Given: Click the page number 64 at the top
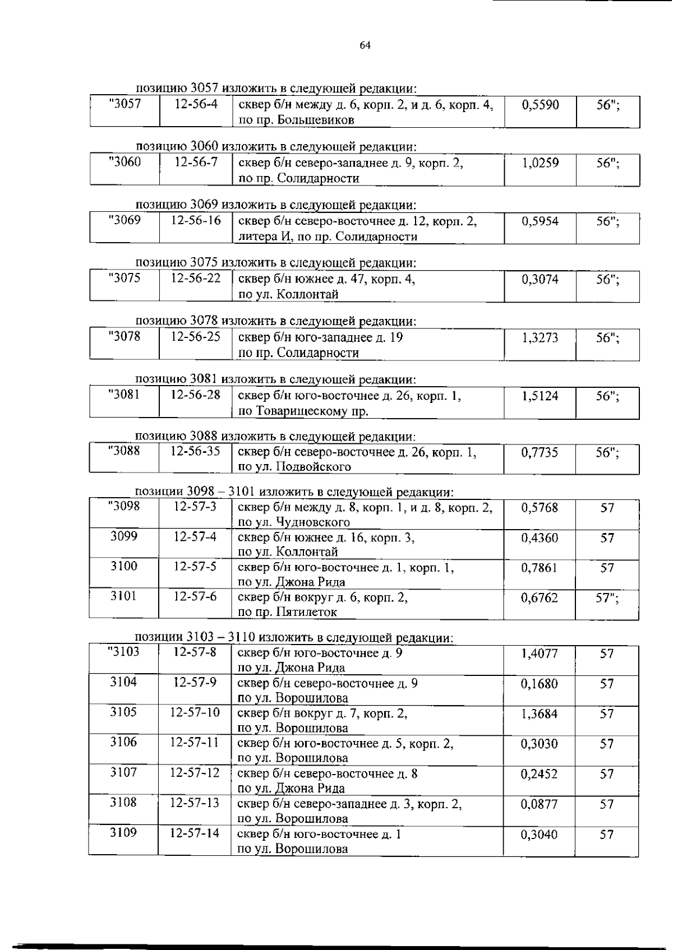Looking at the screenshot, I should (x=365, y=45).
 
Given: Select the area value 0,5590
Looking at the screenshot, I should (x=540, y=105).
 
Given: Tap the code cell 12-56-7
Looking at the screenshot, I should (x=196, y=163).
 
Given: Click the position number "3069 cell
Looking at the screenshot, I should (x=125, y=220).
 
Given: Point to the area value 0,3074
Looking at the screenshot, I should (x=540, y=279).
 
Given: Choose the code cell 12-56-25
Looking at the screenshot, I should (x=196, y=337).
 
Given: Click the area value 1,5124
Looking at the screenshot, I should (x=540, y=396).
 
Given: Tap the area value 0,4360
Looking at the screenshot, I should (x=540, y=538).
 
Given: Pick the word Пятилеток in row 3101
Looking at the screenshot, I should (x=307, y=612).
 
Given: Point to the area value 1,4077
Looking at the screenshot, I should (x=540, y=654).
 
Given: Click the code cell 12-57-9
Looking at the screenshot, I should (x=195, y=683).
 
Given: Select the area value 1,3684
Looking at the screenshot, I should (x=540, y=714).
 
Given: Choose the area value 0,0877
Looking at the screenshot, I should (x=540, y=804).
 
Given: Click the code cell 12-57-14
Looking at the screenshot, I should (x=195, y=833).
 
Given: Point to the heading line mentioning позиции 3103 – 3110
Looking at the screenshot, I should (x=294, y=638).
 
